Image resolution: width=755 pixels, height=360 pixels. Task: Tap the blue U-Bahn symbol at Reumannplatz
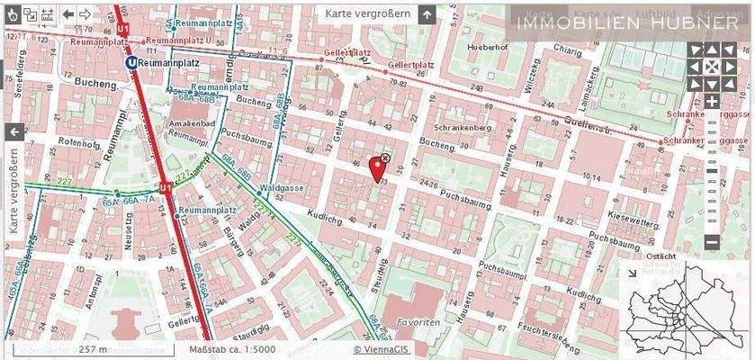tap(132, 63)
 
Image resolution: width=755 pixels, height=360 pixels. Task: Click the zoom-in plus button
tap(711, 102)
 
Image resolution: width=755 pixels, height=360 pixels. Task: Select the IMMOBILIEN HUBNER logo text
tap(626, 23)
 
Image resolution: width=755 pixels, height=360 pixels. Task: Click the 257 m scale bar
tap(92, 349)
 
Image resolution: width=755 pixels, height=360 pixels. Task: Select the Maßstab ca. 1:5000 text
tap(232, 349)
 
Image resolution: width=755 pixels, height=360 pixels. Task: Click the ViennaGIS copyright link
tap(382, 349)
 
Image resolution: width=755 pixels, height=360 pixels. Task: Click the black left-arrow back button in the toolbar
tap(67, 14)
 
